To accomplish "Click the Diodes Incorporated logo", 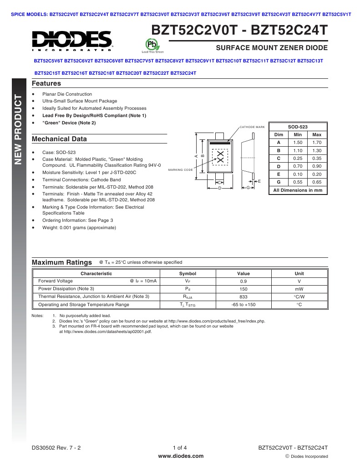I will point(72,41).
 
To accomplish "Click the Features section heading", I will point(46,83).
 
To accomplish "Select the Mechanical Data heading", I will point(59,139).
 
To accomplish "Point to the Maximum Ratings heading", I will point(61,262).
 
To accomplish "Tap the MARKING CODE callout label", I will point(180,169).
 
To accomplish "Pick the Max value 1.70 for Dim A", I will point(317,143).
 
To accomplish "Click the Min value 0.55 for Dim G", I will point(298,182).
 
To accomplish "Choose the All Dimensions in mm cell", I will point(298,190).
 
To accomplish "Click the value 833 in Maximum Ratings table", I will point(243,297).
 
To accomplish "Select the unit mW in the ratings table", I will point(299,289).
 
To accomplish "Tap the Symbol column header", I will point(188,273).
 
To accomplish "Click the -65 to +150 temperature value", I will point(243,304).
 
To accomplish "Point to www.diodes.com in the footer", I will point(180,456).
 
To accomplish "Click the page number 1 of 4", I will point(180,448).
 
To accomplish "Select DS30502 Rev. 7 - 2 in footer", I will point(56,448).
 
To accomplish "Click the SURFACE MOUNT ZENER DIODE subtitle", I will point(271,48).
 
